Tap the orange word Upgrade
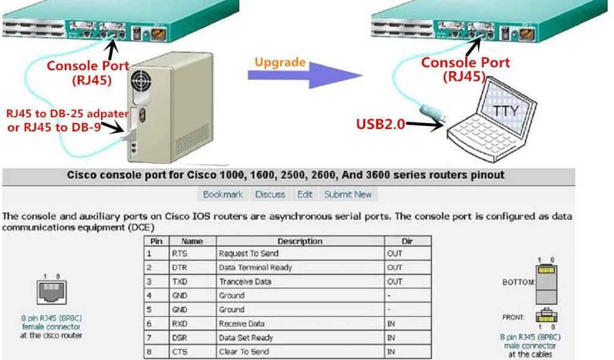pyautogui.click(x=280, y=62)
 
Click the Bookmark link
pyautogui.click(x=223, y=194)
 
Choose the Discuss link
pyautogui.click(x=270, y=194)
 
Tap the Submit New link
pyautogui.click(x=348, y=194)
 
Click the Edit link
pyautogui.click(x=305, y=194)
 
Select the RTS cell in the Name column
pyautogui.click(x=179, y=254)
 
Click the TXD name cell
pyautogui.click(x=179, y=281)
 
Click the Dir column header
pyautogui.click(x=408, y=241)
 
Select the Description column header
pyautogui.click(x=300, y=241)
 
